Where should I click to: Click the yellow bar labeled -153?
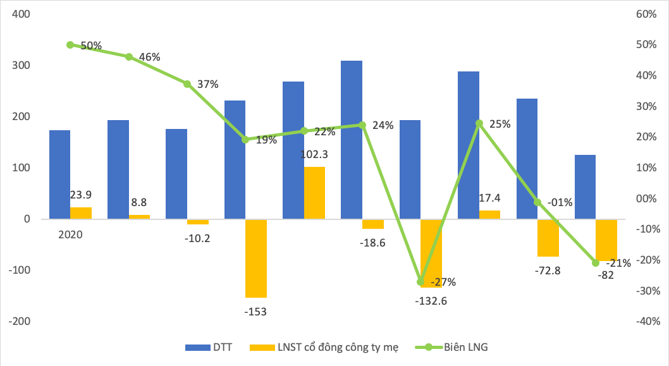(x=255, y=258)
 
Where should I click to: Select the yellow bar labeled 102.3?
(x=314, y=193)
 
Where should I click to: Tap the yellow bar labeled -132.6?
(x=431, y=253)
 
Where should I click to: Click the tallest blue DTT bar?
(x=352, y=140)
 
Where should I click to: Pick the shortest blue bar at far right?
(x=585, y=186)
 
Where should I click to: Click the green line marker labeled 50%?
(x=70, y=45)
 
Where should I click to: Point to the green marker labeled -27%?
(x=421, y=282)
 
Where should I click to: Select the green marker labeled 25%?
(x=479, y=123)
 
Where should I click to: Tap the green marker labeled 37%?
(x=187, y=84)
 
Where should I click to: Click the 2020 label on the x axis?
(x=70, y=234)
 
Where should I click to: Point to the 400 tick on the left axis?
(x=21, y=15)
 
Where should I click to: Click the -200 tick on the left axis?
(x=19, y=321)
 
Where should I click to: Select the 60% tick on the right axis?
(x=646, y=15)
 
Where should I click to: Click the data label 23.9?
(x=81, y=195)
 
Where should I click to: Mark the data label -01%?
(x=560, y=202)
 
